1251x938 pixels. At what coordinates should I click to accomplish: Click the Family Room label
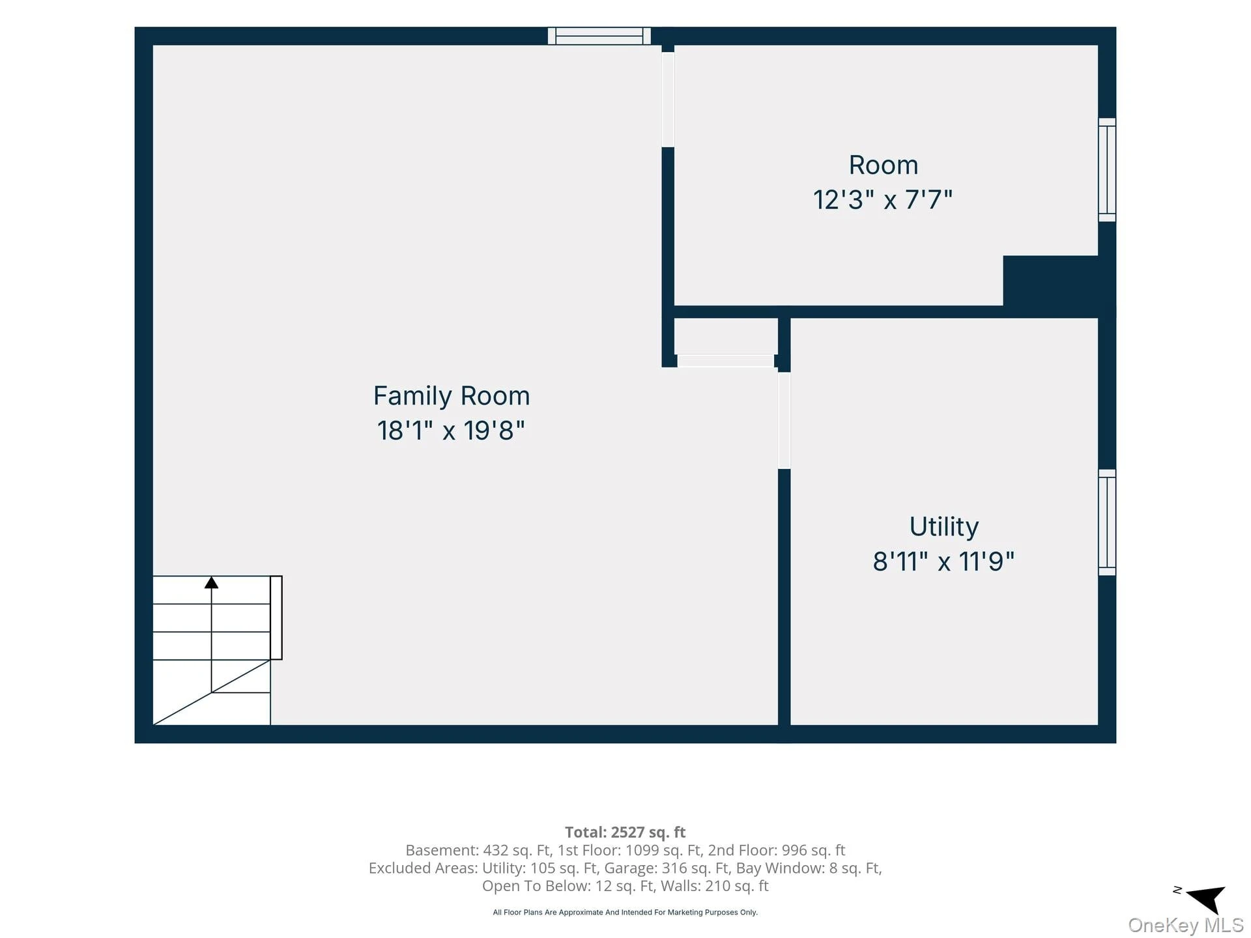tap(452, 396)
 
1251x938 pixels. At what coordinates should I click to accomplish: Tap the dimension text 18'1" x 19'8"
tap(451, 431)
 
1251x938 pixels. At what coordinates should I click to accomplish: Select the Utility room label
tap(944, 527)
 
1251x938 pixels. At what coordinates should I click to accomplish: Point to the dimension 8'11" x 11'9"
tap(943, 561)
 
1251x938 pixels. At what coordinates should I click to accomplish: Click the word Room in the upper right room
tap(884, 165)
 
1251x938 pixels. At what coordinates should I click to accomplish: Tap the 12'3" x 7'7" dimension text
tap(883, 200)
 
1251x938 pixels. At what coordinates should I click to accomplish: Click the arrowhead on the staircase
tap(211, 582)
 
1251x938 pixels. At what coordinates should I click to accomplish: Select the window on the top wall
tap(599, 36)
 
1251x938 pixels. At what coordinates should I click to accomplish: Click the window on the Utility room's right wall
tap(1107, 522)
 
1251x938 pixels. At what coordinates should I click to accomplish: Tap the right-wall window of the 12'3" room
tap(1107, 170)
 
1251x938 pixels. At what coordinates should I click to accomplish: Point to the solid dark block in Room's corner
tap(1050, 281)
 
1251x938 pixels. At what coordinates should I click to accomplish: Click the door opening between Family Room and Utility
tap(784, 420)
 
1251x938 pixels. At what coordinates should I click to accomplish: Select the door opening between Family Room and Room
tap(668, 100)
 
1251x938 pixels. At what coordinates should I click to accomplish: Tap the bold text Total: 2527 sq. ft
tap(625, 832)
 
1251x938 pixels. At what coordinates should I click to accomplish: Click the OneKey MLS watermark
tap(1186, 925)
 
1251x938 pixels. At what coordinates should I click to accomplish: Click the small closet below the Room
tap(726, 337)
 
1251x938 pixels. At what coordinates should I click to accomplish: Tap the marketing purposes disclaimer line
tap(625, 913)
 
